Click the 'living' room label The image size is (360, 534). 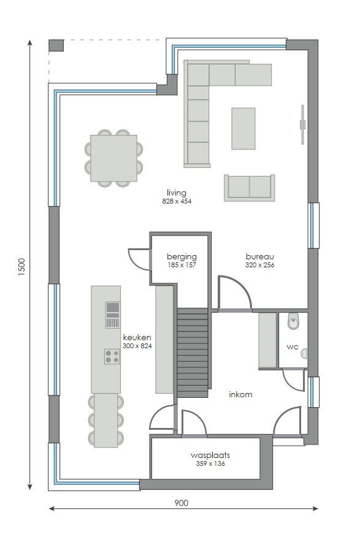point(176,193)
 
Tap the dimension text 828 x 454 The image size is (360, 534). point(177,201)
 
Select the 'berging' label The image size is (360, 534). point(182,256)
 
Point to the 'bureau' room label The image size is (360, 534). point(259,256)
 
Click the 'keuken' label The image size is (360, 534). point(137,337)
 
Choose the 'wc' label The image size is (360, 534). point(293,347)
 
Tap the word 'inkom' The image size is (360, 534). point(240,394)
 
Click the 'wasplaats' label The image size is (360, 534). point(210,456)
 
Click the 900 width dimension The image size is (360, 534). point(181,503)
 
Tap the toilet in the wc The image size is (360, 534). point(294,319)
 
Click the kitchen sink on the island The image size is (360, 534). point(112,315)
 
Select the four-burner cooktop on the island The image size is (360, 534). point(112,356)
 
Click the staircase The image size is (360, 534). point(193,353)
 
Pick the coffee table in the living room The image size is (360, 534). point(243,128)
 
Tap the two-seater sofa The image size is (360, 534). point(249,187)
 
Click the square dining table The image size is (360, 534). point(113,158)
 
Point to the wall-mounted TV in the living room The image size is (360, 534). point(302,124)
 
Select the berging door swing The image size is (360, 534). point(139,258)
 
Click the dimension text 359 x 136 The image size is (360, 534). point(210,464)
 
